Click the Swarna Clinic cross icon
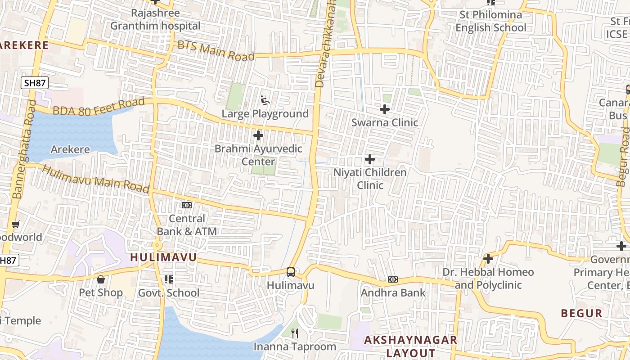click(x=385, y=109)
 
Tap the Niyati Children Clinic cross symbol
click(x=370, y=159)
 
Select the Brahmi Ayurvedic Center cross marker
click(x=258, y=135)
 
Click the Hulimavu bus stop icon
click(x=291, y=272)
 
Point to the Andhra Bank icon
click(x=393, y=279)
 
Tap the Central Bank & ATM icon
click(x=186, y=205)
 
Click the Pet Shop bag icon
click(x=101, y=279)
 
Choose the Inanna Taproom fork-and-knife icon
click(x=295, y=333)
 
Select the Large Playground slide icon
click(x=265, y=100)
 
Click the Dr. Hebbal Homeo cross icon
click(x=488, y=259)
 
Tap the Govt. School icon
click(x=169, y=279)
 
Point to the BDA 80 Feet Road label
click(x=99, y=107)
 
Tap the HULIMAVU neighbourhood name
click(x=163, y=257)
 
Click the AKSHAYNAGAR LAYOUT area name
click(x=410, y=346)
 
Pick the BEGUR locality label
click(x=581, y=314)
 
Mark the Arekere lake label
click(x=70, y=149)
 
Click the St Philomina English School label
click(x=490, y=21)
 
